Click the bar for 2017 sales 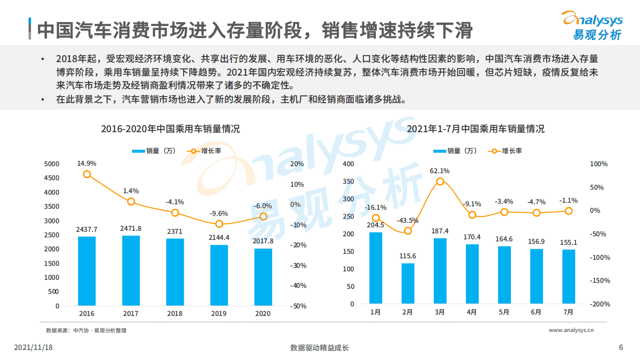(131, 270)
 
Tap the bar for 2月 (408, 283)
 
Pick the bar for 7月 (568, 276)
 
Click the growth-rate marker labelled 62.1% (440, 181)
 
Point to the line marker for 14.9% (87, 174)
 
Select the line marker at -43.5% (408, 231)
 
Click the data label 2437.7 (87, 229)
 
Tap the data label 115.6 (408, 256)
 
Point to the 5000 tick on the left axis (52, 164)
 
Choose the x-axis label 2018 (175, 313)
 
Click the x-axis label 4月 (472, 312)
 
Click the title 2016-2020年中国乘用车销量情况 (170, 129)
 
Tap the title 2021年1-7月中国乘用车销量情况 (475, 129)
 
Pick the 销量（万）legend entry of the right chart (455, 151)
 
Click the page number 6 (621, 348)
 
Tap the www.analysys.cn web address (571, 330)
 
